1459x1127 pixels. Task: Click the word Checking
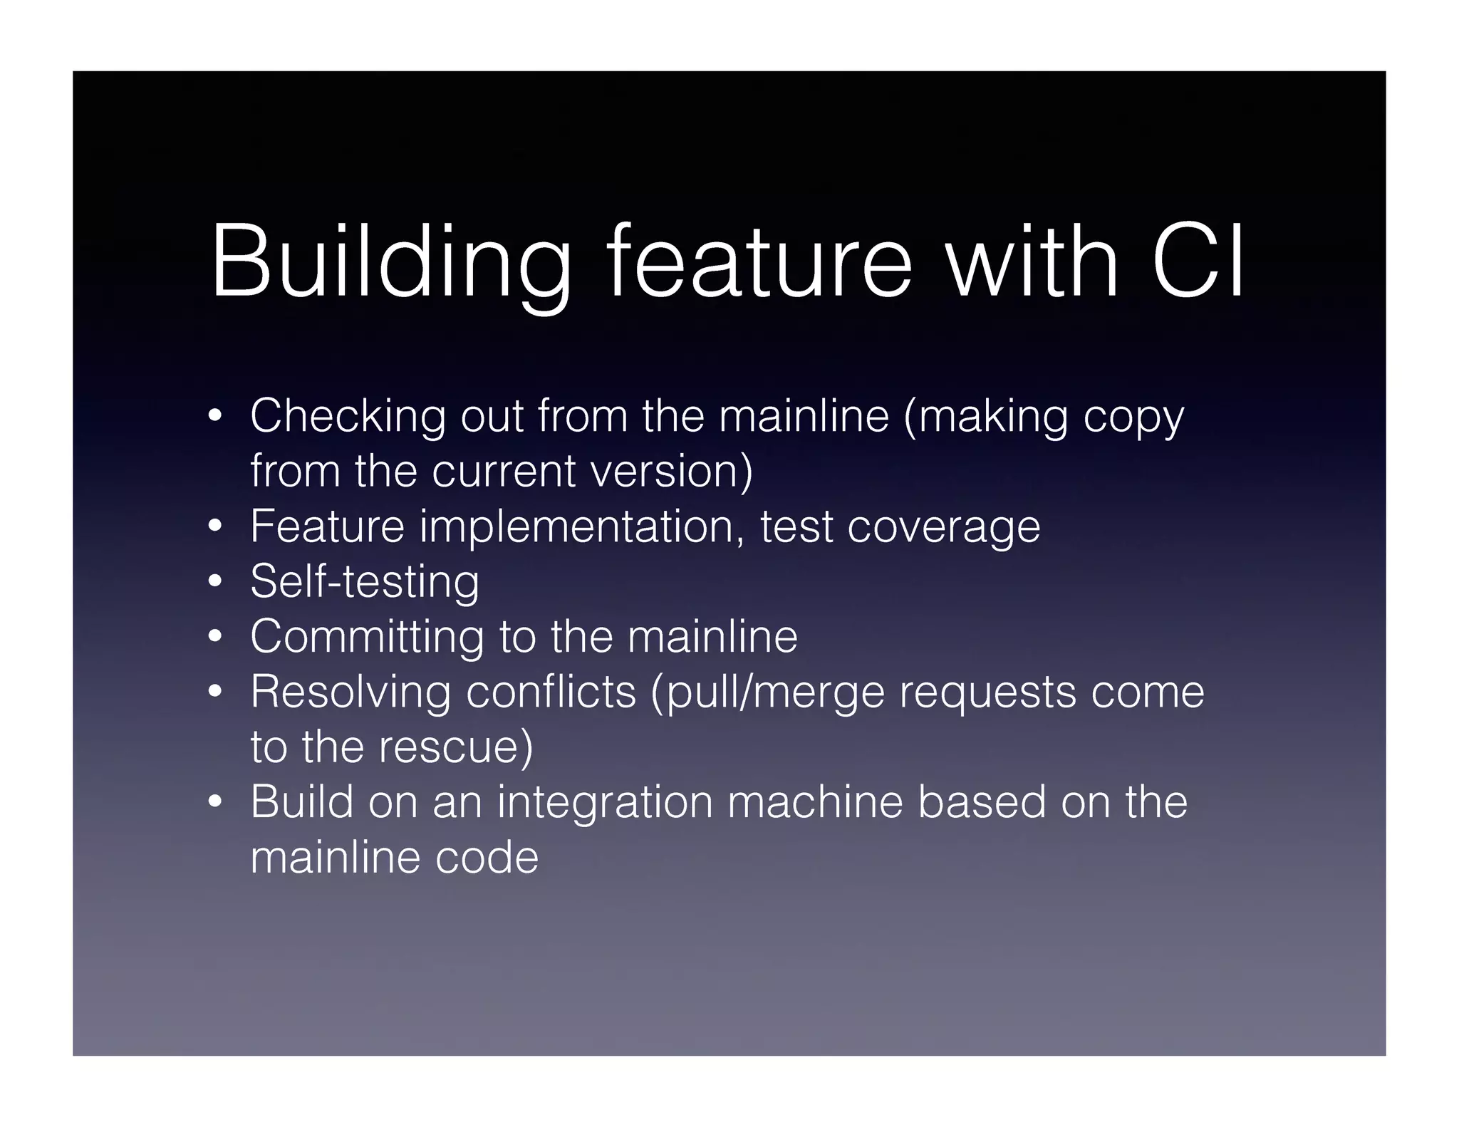(x=348, y=416)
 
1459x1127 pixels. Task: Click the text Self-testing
(x=365, y=581)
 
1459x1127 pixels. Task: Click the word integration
(x=605, y=803)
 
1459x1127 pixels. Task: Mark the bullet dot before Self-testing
(x=215, y=582)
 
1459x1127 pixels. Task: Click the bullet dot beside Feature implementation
(x=215, y=527)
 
